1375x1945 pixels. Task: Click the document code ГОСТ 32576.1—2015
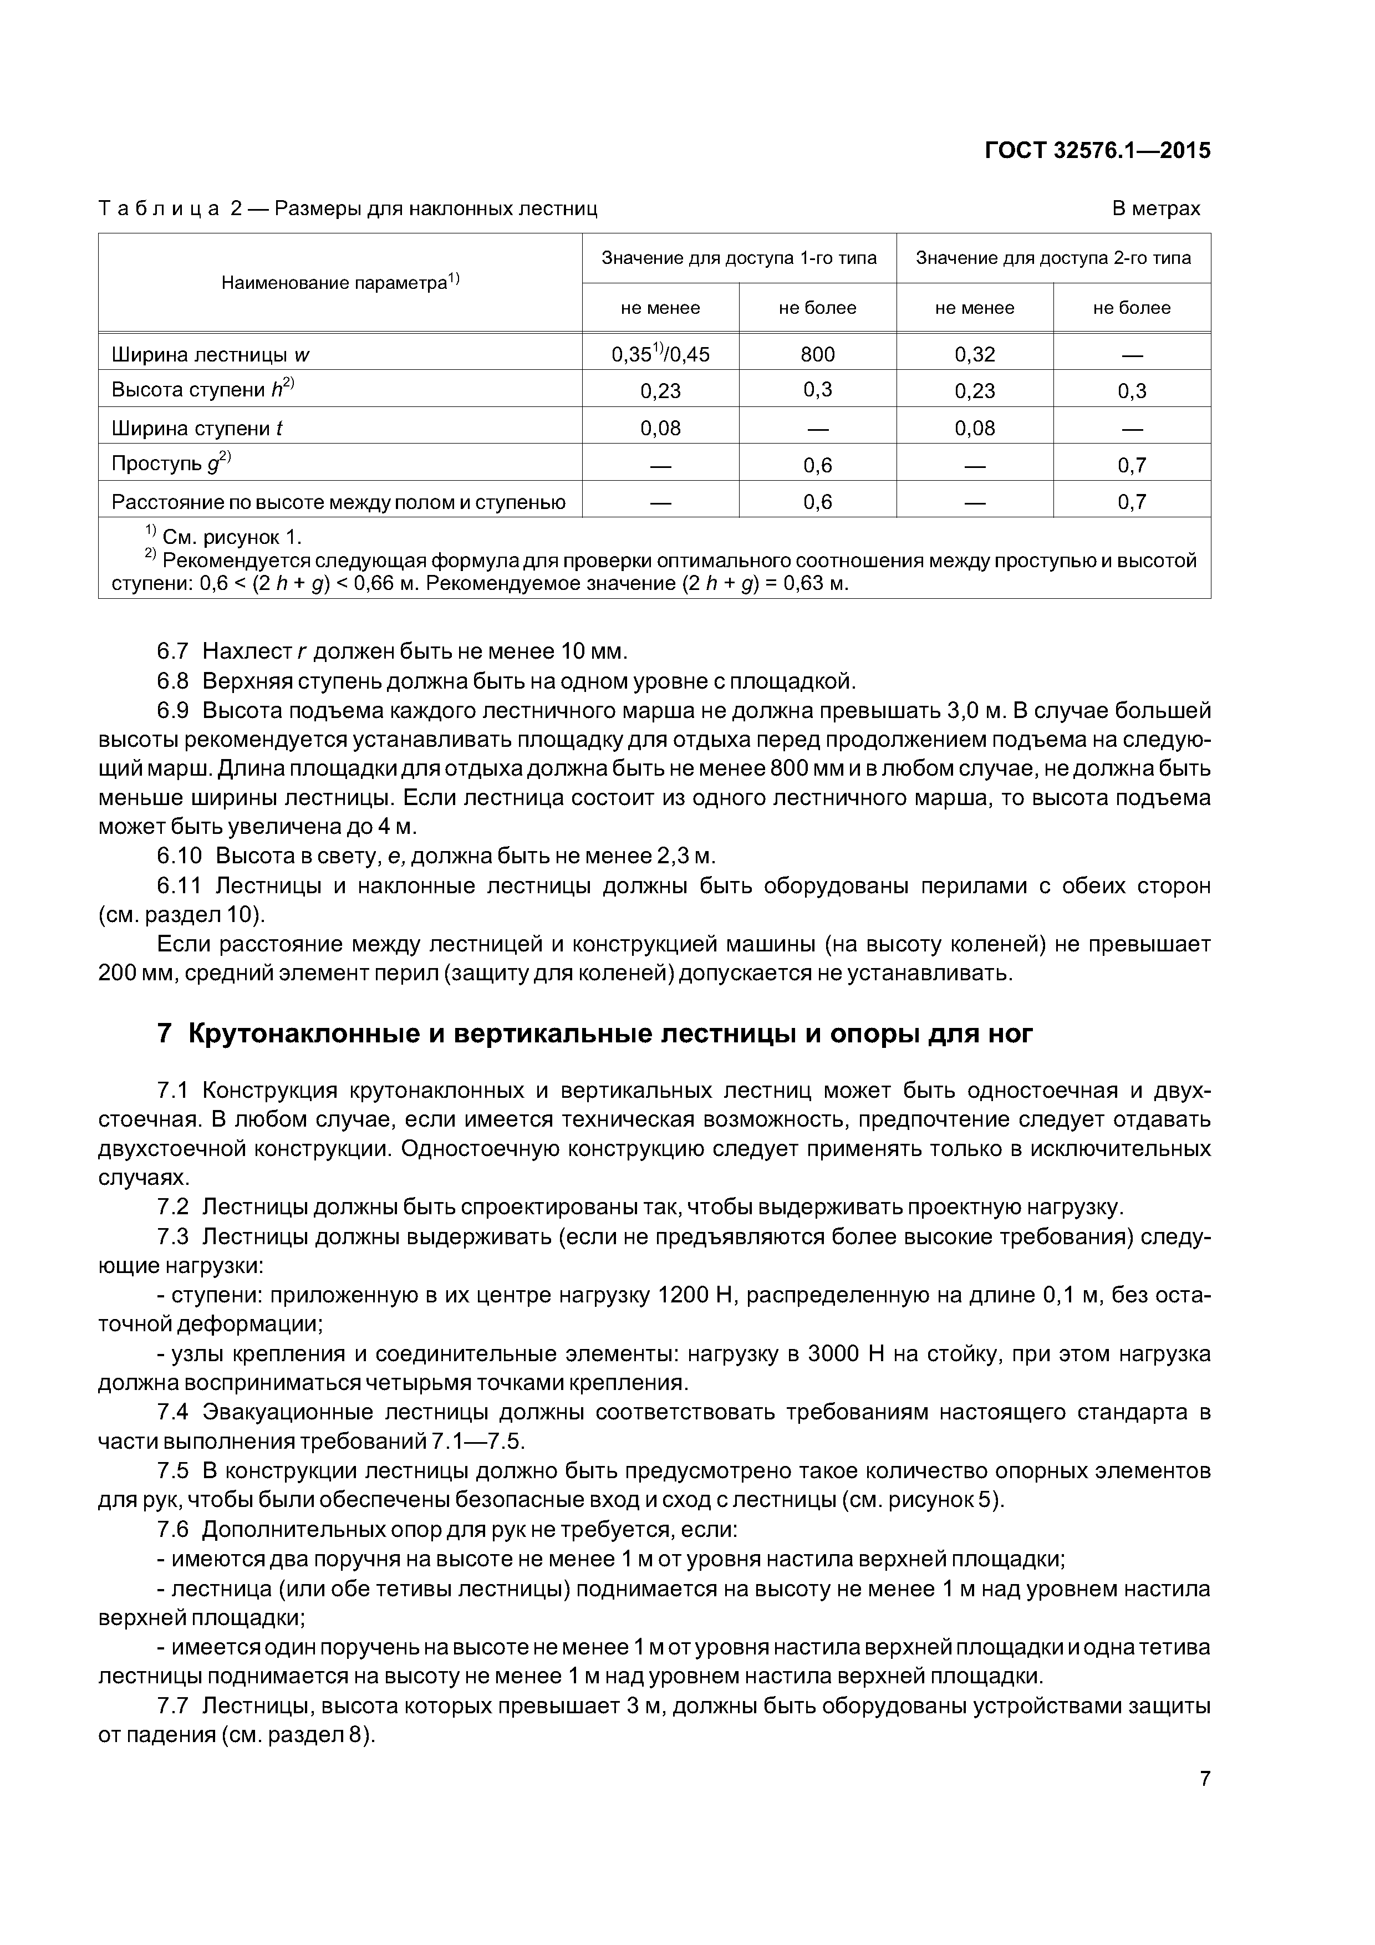(1097, 151)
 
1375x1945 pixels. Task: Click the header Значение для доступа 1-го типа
(738, 257)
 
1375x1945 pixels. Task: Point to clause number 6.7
(175, 651)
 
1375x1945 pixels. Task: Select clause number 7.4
(175, 1412)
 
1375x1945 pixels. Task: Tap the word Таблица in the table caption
(159, 208)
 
